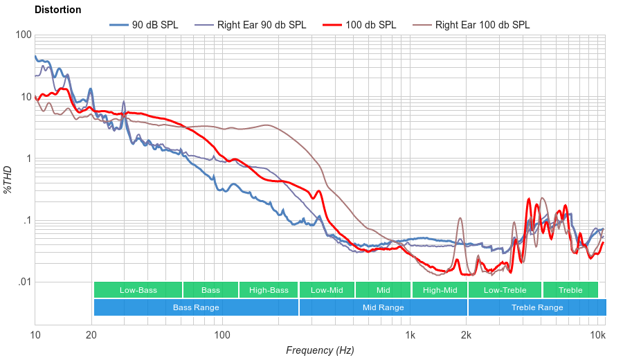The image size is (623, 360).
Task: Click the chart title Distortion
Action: pos(57,10)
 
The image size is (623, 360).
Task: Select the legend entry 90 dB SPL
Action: pos(154,25)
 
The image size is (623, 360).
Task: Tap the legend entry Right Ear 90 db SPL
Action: pos(261,25)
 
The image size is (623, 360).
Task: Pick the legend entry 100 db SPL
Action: pos(370,25)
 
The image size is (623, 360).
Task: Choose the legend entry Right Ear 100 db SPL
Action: pos(482,25)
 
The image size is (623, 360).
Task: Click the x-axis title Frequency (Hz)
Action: pos(320,350)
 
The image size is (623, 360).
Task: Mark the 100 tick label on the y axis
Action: pos(23,35)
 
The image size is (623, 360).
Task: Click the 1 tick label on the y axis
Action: pos(28,159)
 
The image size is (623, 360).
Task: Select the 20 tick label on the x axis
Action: pos(91,335)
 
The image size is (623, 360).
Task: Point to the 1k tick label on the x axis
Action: pos(410,335)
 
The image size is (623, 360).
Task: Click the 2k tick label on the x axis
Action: pos(467,335)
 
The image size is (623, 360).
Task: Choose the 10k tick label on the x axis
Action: pos(597,335)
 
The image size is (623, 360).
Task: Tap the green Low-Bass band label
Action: pos(137,290)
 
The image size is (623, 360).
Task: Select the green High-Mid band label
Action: pos(440,290)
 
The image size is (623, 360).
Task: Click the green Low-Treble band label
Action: pos(505,290)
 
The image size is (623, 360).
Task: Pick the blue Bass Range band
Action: pos(196,307)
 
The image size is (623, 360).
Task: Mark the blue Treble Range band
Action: pos(536,307)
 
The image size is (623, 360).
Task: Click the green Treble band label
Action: pos(570,290)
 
